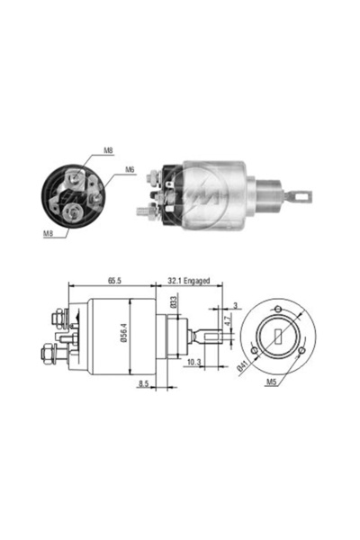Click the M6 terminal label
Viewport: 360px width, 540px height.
coord(130,169)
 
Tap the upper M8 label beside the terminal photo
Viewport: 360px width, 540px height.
coord(108,150)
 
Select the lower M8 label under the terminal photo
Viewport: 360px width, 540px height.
coord(48,233)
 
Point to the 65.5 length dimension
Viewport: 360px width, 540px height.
coord(114,281)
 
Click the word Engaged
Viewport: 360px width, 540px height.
coord(197,281)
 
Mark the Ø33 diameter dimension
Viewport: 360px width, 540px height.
coord(174,302)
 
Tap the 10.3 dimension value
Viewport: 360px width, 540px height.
coord(193,363)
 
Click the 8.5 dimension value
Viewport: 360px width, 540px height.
coord(143,383)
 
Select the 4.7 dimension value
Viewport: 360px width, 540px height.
coord(228,321)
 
